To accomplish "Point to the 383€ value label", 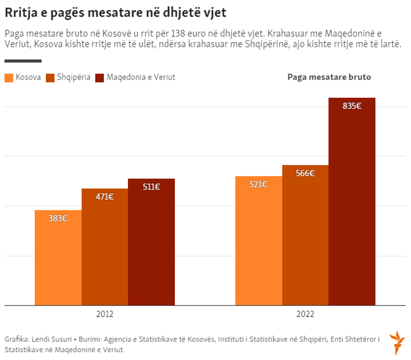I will point(58,218).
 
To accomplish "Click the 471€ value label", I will point(104,196).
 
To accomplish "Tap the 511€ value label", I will point(151,187).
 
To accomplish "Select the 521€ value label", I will point(258,184).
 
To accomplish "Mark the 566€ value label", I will point(305,173).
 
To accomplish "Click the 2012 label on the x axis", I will point(104,313).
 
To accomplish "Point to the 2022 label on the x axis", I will point(305,313).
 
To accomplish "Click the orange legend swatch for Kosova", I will point(9,78).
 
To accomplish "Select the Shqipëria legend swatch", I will point(50,78).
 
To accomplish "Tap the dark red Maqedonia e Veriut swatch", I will point(99,78).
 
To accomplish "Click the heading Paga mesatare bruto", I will point(329,77).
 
